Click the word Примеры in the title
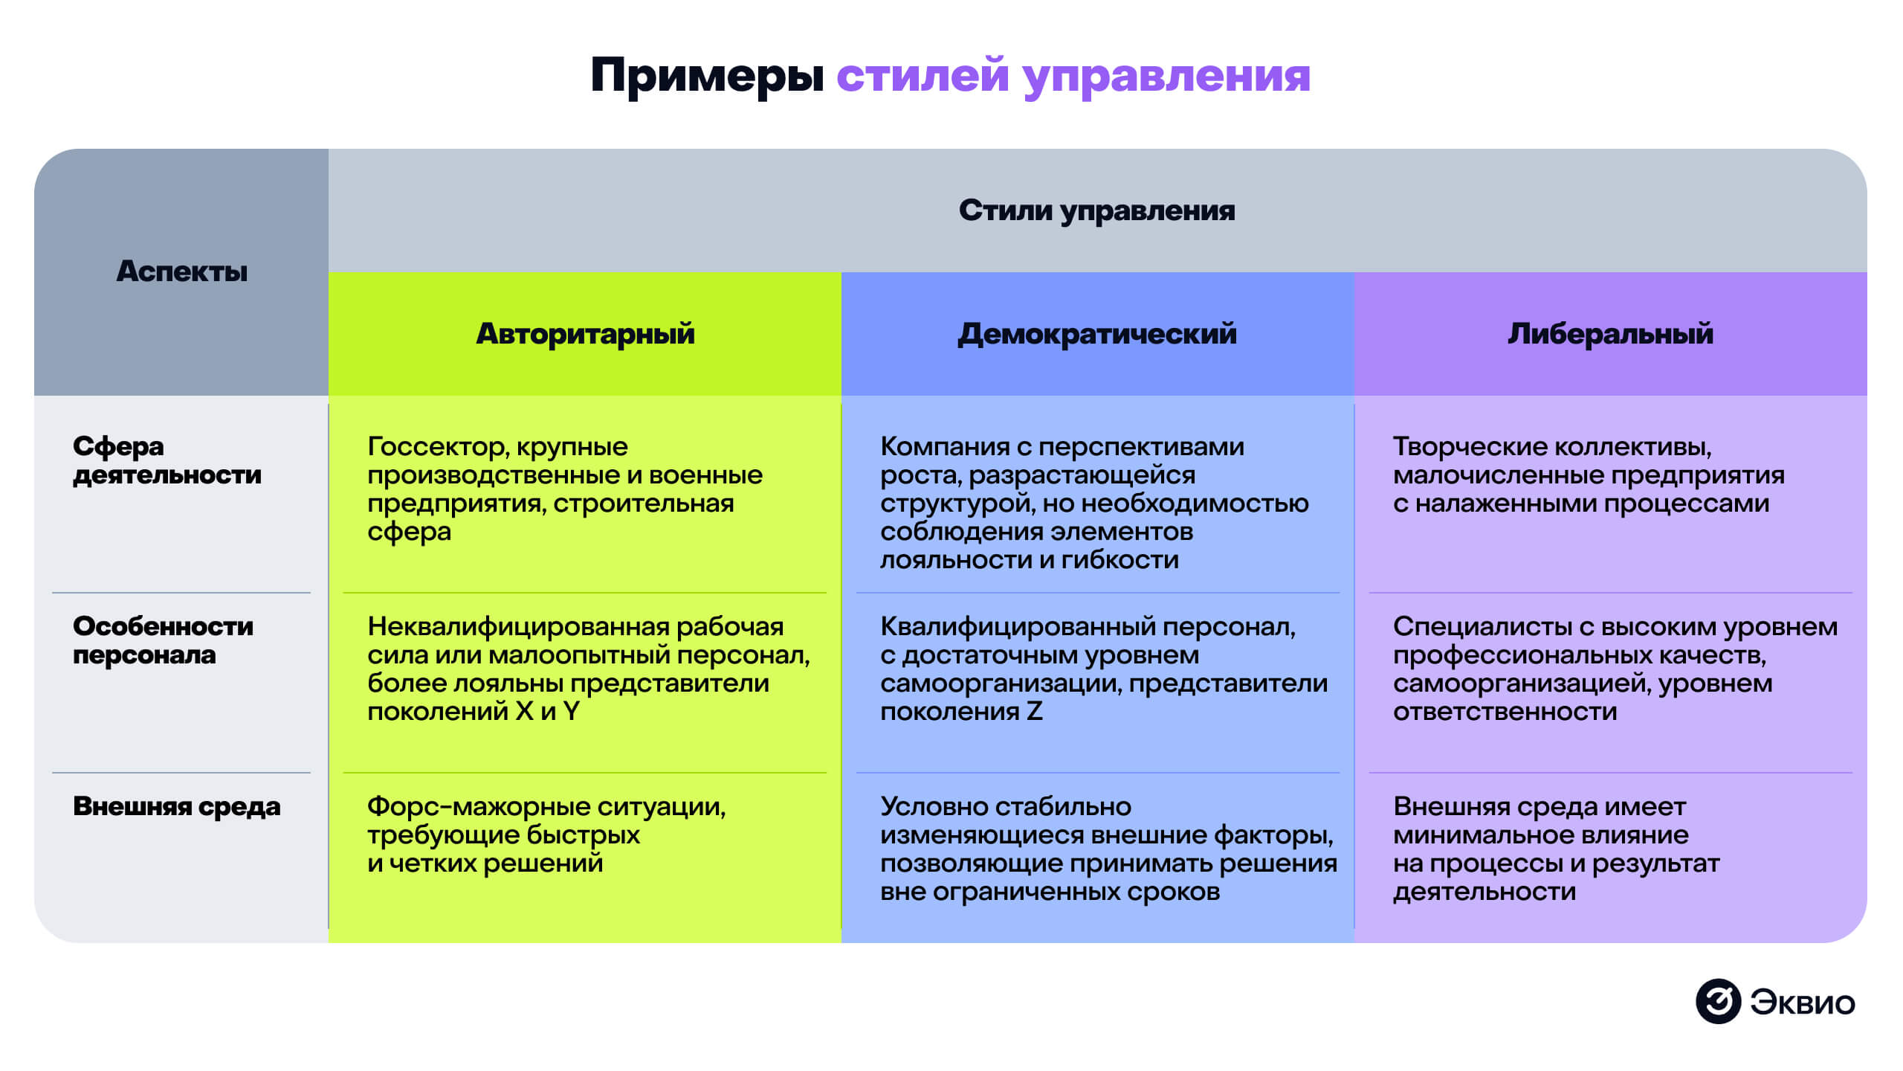coord(707,76)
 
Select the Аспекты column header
coord(181,271)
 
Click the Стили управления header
coord(1096,210)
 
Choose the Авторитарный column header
coord(585,334)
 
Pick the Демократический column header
coord(1097,334)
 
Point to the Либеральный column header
coord(1610,334)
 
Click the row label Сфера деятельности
coord(167,460)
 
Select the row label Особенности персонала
coord(163,640)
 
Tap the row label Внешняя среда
coord(176,806)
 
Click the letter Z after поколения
coord(1034,712)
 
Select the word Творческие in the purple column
coord(1460,446)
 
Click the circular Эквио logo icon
coord(1718,1001)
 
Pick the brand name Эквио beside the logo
coord(1802,1003)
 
